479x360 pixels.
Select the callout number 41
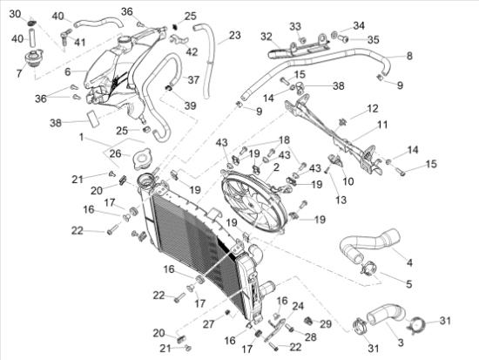point(80,42)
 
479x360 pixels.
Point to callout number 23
point(234,36)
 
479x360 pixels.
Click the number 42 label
point(192,52)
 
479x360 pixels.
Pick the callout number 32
point(266,36)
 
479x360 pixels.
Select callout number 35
point(372,39)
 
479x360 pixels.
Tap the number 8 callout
point(409,55)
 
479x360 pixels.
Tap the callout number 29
point(326,323)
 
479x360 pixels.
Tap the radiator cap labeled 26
point(142,162)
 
